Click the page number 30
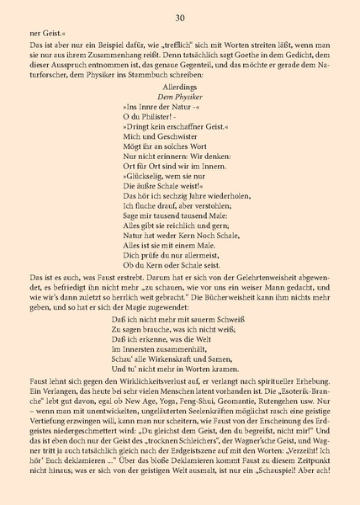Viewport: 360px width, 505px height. point(180,18)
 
